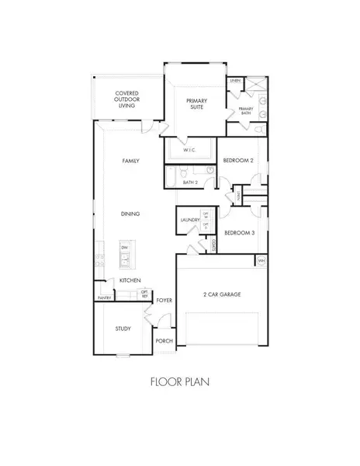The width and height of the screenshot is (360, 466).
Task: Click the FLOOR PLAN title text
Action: pos(178,381)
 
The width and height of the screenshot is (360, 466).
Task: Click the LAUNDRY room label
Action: pos(189,221)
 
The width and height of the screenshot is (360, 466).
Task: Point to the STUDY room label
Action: pos(123,329)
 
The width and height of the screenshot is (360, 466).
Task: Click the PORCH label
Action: pos(164,340)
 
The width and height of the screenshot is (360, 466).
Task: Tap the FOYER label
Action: pos(164,299)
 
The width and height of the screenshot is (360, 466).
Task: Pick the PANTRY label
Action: pos(104,297)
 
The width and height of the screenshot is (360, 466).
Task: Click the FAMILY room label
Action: pos(130,161)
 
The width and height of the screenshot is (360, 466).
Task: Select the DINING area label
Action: pos(130,213)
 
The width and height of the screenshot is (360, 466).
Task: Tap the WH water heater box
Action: pos(261,260)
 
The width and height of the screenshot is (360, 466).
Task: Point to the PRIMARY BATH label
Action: pos(246,110)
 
